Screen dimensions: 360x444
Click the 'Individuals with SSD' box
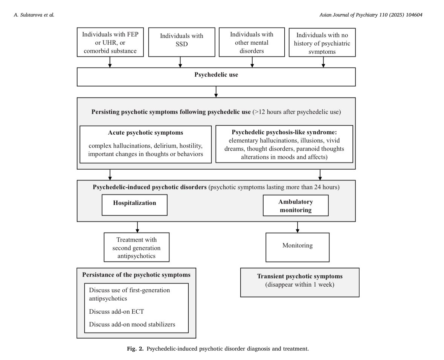coord(182,42)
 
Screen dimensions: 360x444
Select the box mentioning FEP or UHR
coord(110,42)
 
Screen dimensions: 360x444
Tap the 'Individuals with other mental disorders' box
coord(252,42)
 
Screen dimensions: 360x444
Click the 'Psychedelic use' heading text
coord(216,75)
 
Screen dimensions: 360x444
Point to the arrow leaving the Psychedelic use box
coord(216,92)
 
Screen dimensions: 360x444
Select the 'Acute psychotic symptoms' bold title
coord(145,133)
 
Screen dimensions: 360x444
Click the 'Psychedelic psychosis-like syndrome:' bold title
coord(284,132)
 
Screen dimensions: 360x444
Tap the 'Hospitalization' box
coord(134,203)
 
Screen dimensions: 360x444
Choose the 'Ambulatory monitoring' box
coord(296,206)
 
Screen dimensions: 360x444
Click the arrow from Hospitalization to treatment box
coord(137,227)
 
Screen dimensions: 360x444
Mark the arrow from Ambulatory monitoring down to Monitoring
coord(298,227)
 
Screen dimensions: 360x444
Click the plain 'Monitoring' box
coord(298,246)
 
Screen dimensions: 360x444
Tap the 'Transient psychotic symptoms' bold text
coord(300,276)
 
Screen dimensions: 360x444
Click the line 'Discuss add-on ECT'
coord(116,312)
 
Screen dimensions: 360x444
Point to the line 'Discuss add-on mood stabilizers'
coord(132,324)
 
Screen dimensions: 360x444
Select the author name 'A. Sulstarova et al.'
coord(34,15)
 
